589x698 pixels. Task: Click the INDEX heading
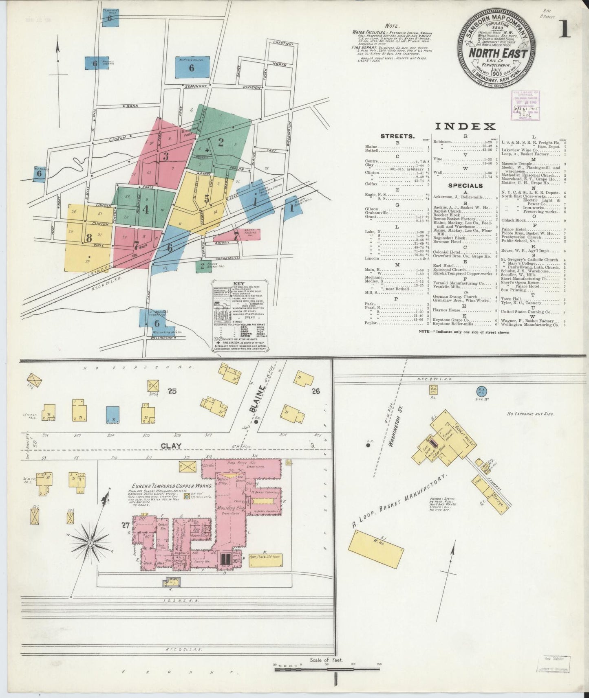tap(465, 126)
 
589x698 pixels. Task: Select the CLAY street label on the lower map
tap(171, 446)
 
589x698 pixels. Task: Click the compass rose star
tap(90, 543)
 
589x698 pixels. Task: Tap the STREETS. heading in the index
tap(397, 136)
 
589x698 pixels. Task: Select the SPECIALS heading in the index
tap(465, 186)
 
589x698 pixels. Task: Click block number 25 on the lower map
tap(172, 392)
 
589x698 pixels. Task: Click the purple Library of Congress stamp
tap(525, 105)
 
